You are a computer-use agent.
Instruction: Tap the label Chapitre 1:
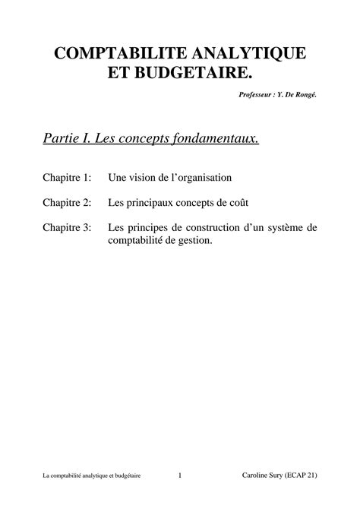(x=67, y=178)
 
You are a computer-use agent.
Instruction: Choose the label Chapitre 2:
(x=67, y=203)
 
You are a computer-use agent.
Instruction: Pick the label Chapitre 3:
(x=67, y=227)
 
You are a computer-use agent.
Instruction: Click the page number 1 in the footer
(x=180, y=476)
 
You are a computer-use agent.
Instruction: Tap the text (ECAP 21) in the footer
(x=302, y=476)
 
